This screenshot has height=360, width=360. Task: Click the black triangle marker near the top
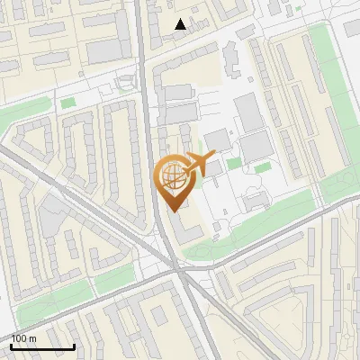click(x=181, y=24)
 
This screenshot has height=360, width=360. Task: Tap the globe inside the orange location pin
click(x=170, y=177)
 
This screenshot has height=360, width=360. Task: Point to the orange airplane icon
click(x=199, y=164)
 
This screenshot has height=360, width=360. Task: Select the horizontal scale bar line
click(x=42, y=346)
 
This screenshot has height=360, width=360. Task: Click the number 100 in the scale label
click(x=19, y=338)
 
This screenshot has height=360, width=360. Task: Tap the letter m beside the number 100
click(x=33, y=338)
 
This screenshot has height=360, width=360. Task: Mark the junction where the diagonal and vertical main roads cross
click(x=177, y=266)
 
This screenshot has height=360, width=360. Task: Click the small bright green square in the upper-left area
click(x=67, y=103)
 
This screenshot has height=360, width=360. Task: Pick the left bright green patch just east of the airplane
click(x=233, y=164)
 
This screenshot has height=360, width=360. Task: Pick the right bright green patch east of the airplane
click(x=261, y=168)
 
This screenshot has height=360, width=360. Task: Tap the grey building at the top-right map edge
click(x=353, y=27)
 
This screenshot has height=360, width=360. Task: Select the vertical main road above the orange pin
click(x=144, y=90)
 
